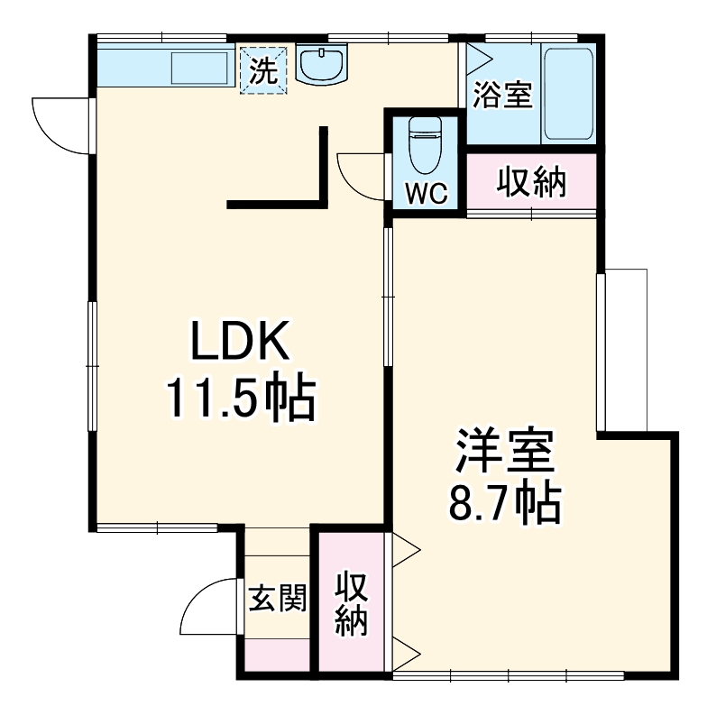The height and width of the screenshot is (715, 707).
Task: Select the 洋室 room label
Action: click(503, 452)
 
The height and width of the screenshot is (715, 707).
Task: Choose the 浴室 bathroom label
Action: click(503, 95)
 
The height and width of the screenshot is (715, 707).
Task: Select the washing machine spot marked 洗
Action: click(262, 70)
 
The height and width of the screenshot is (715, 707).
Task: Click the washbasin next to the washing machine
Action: click(322, 65)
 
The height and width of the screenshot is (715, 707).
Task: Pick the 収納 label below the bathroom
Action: click(531, 183)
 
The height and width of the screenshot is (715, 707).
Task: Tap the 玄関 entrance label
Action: click(278, 598)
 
